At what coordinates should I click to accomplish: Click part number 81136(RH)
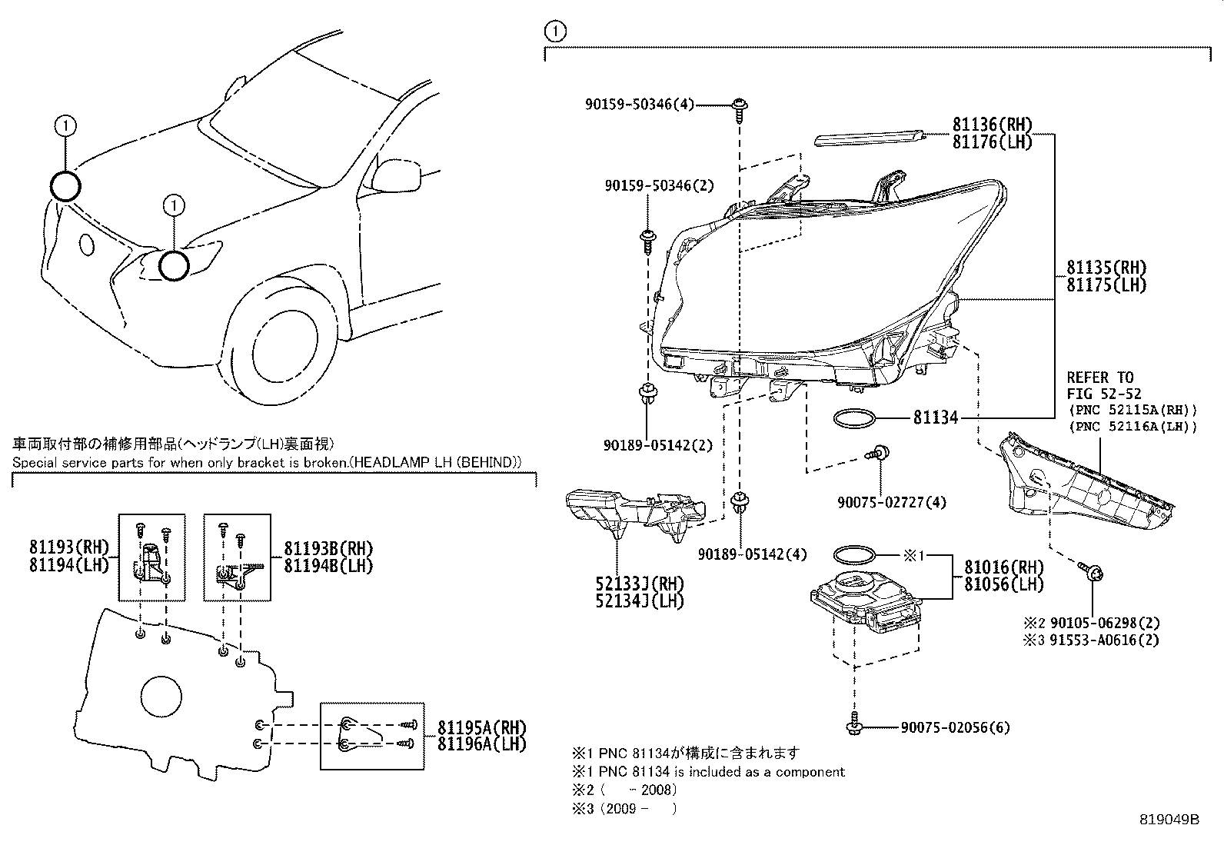991,125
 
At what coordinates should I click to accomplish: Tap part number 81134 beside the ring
935,418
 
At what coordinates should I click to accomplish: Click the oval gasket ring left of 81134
854,418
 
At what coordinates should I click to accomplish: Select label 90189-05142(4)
742,554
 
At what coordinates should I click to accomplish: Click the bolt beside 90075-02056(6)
853,724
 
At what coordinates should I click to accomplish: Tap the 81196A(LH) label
482,744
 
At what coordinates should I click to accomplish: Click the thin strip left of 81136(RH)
870,138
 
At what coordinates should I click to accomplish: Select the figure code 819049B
1169,820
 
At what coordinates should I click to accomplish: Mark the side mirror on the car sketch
403,173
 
